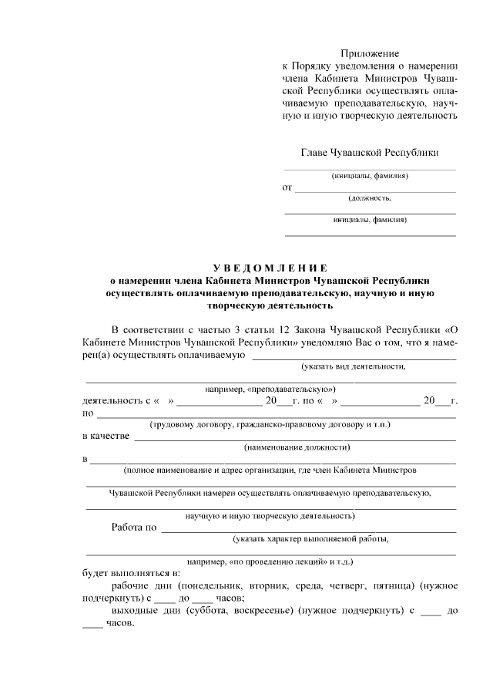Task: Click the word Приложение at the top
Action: pyautogui.click(x=371, y=53)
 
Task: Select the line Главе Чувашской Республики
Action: pyautogui.click(x=370, y=152)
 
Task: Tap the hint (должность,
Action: pyautogui.click(x=370, y=198)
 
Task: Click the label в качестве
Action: pyautogui.click(x=106, y=436)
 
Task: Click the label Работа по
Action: pyautogui.click(x=135, y=528)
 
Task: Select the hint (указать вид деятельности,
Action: pyautogui.click(x=354, y=366)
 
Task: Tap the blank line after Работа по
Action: pyautogui.click(x=308, y=531)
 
